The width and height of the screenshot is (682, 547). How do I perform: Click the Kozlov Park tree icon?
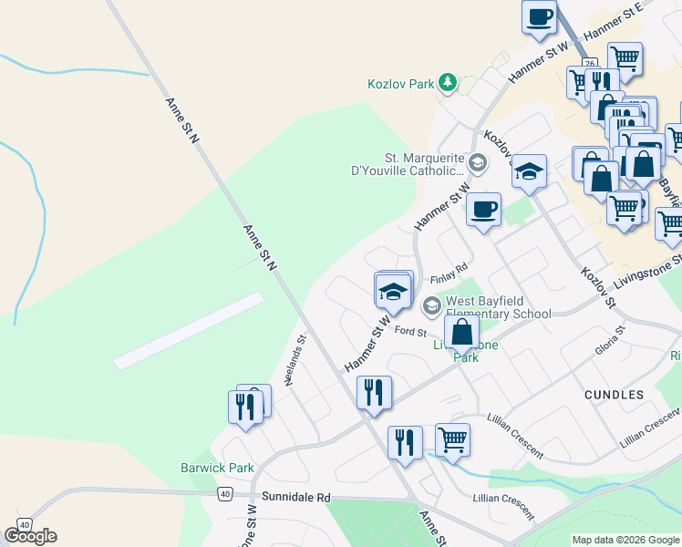448,84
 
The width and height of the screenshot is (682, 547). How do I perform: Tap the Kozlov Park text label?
401,84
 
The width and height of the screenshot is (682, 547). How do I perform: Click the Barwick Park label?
216,468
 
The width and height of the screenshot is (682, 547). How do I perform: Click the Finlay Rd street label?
449,272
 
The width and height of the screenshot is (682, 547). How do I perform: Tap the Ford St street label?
411,330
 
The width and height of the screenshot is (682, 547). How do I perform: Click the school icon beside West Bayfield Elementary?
430,305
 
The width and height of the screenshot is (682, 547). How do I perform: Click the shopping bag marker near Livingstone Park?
462,332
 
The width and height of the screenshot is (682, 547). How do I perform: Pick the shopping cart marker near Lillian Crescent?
452,440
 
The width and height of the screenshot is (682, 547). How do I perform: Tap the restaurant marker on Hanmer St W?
374,392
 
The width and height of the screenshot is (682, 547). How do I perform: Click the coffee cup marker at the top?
539,16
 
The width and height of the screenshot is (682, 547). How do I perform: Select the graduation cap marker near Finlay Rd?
393,291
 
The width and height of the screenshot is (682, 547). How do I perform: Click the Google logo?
30,536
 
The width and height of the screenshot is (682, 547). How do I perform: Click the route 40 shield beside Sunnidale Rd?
224,493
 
